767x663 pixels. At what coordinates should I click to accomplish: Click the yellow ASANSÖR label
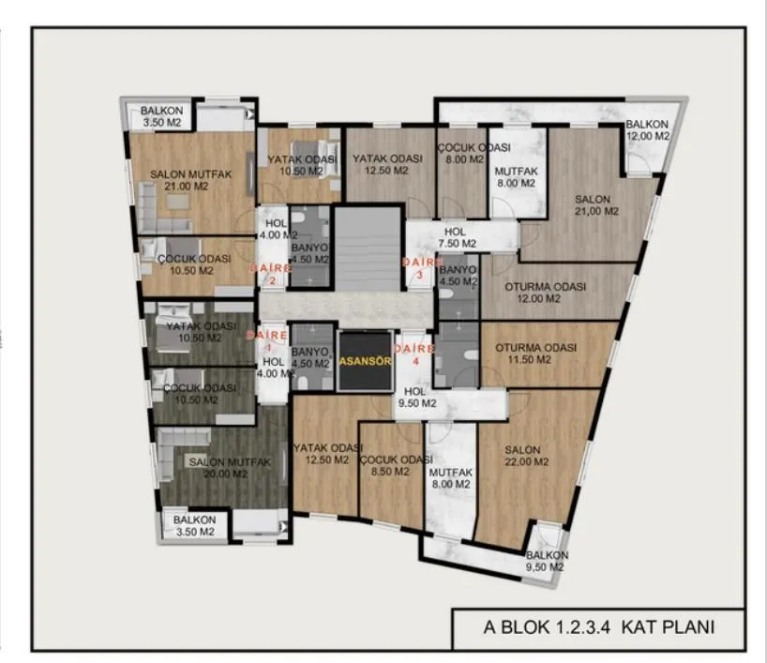tap(366, 361)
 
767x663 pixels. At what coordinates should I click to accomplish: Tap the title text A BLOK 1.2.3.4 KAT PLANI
tap(599, 626)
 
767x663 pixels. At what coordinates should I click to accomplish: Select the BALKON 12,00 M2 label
tap(648, 130)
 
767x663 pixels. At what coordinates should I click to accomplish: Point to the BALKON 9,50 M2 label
tap(547, 561)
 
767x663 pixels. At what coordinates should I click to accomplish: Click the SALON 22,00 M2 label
tap(526, 456)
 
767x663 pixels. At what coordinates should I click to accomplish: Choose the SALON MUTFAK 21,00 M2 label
tap(190, 180)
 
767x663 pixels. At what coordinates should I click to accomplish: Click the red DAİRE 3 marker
tap(420, 268)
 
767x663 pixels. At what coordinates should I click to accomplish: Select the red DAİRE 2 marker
tap(270, 274)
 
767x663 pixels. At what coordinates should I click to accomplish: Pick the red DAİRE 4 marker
tap(414, 354)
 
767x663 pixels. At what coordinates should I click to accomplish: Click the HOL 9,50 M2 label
tap(416, 398)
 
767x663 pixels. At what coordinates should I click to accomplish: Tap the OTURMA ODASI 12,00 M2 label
tap(545, 292)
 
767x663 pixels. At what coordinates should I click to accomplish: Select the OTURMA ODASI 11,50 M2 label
tap(535, 354)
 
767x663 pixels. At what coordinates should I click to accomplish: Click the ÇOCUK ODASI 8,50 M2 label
tap(397, 465)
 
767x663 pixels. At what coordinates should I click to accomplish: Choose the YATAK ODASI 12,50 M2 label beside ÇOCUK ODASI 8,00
tap(387, 164)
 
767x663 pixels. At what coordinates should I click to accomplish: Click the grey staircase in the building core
tap(368, 249)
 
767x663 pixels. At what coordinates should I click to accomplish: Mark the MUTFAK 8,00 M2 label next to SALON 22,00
tap(450, 478)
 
